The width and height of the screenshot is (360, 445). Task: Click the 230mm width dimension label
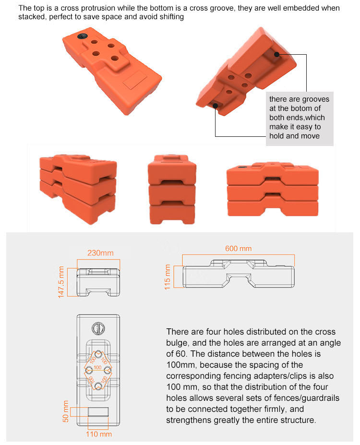click(x=100, y=253)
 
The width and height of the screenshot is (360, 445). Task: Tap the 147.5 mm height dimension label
click(x=61, y=282)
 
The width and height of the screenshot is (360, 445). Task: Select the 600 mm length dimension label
click(x=238, y=248)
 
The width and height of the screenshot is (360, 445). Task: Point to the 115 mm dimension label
click(x=168, y=277)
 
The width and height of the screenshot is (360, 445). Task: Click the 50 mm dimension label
click(x=66, y=411)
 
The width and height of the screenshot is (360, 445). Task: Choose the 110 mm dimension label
click(x=99, y=434)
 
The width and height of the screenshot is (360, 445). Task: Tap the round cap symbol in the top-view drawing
click(x=98, y=328)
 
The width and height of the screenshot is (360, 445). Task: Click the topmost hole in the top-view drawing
click(x=98, y=354)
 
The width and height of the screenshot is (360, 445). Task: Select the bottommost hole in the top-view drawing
click(x=98, y=386)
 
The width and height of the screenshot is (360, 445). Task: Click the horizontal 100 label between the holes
click(x=97, y=367)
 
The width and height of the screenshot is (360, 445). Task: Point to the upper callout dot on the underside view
click(x=277, y=55)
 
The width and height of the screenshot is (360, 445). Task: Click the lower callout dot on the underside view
click(x=216, y=106)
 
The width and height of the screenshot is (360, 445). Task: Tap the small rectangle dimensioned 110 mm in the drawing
click(x=98, y=412)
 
